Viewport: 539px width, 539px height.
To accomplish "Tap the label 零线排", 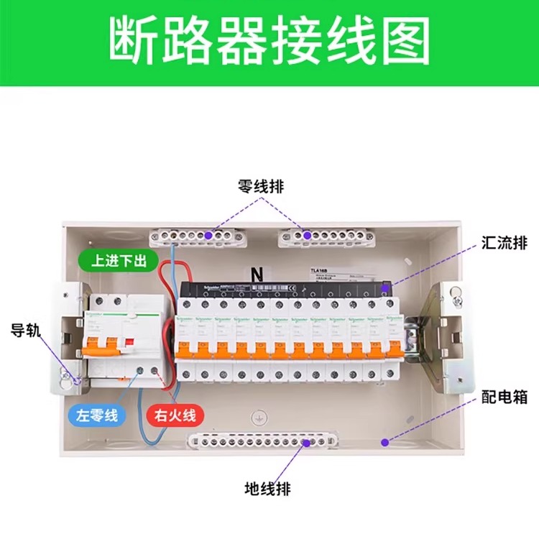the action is (260, 186).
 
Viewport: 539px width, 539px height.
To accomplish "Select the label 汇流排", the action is (504, 244).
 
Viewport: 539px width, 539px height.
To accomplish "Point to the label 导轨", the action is (27, 331).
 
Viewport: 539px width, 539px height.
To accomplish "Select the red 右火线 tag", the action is (175, 415).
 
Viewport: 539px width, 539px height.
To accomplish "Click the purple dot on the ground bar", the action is (307, 443).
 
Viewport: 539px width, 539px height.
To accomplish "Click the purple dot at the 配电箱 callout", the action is (386, 441).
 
